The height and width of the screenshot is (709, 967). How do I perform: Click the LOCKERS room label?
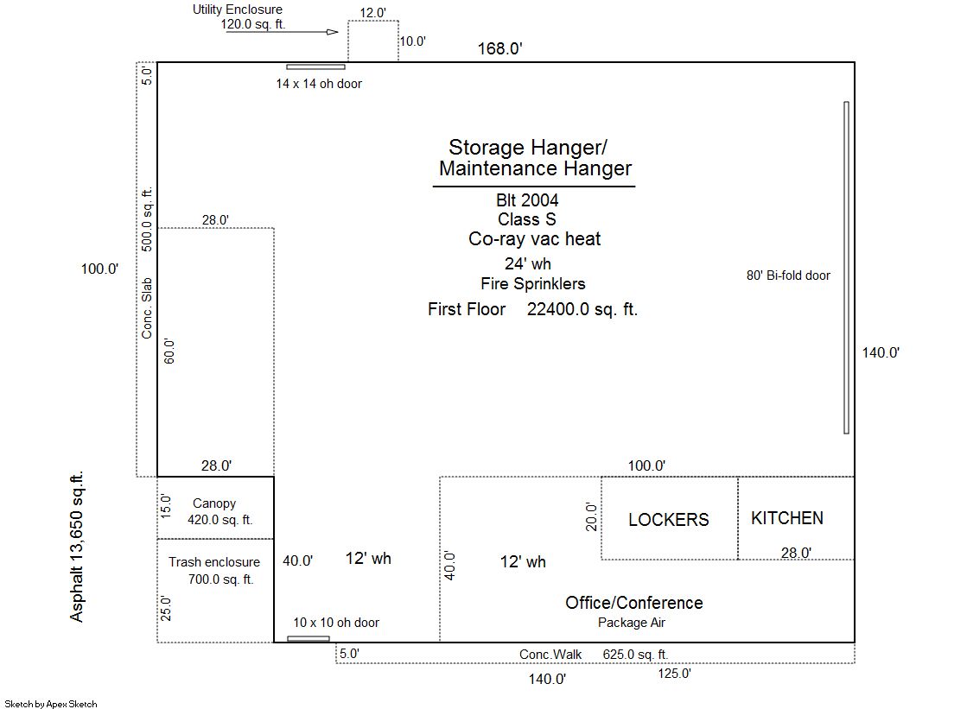tap(669, 520)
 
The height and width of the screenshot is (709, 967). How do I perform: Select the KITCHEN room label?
tap(787, 518)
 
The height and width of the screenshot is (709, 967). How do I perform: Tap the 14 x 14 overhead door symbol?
tap(315, 66)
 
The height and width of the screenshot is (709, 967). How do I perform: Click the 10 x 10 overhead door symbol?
tap(309, 639)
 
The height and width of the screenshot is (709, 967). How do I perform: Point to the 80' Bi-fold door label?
tap(788, 275)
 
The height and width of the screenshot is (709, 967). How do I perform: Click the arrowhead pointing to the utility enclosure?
tap(333, 32)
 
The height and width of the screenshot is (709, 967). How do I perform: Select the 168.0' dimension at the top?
tap(500, 48)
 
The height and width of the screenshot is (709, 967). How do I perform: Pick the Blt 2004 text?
tap(527, 200)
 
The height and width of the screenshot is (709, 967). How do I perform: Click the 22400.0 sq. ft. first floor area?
tap(582, 309)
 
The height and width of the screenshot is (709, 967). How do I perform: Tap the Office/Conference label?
tap(634, 603)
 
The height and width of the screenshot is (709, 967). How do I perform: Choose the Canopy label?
tap(214, 503)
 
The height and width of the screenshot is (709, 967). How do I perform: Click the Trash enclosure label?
tap(214, 562)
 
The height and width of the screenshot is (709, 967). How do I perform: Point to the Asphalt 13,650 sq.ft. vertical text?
tap(76, 547)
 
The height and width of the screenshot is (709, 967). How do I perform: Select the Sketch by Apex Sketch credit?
tap(51, 704)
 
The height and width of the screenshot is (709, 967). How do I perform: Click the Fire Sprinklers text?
tap(533, 283)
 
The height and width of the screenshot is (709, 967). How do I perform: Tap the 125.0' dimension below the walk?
tap(674, 674)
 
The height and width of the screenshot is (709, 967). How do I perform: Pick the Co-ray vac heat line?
tap(534, 239)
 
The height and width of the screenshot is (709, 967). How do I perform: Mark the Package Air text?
tap(632, 623)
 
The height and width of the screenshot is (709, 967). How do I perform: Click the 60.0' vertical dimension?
tap(169, 351)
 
